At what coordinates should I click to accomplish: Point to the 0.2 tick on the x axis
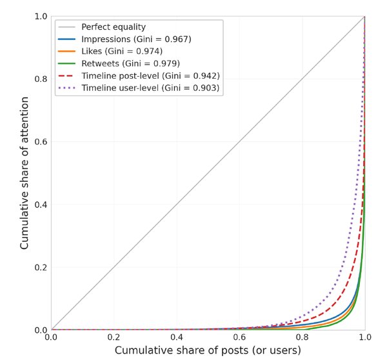point(114,337)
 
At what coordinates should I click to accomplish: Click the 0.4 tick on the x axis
point(177,337)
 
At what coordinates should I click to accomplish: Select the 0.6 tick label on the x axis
point(239,337)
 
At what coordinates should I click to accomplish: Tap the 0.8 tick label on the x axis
point(302,337)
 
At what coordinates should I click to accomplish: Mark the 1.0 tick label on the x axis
point(364,337)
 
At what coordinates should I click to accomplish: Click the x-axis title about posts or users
point(208,350)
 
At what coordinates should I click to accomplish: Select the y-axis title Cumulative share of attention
point(25,173)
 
